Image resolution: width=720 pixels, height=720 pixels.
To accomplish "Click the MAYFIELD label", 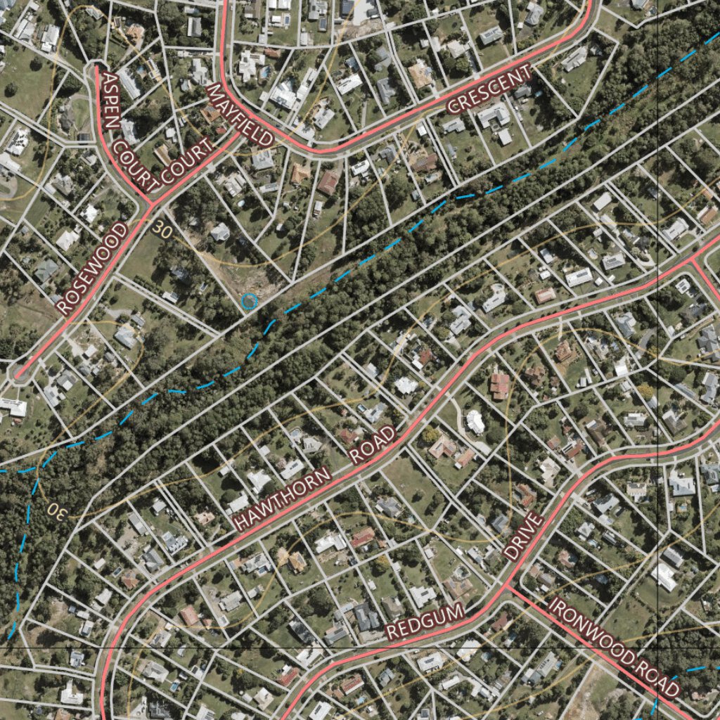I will click(240, 116).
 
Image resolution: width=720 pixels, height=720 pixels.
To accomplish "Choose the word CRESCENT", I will click(489, 90).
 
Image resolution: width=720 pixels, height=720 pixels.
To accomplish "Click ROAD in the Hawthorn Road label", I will click(372, 444).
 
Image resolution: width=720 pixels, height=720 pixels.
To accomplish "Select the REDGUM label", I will click(426, 622).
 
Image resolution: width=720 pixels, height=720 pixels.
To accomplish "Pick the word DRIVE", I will click(524, 536).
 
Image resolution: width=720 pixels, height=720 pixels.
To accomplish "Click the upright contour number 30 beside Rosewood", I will click(162, 229).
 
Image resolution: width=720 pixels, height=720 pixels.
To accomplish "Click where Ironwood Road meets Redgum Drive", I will click(508, 586).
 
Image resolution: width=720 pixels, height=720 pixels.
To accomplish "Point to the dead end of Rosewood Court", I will click(18, 373).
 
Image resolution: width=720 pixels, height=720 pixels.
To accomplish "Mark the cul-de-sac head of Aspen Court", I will click(95, 69).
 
